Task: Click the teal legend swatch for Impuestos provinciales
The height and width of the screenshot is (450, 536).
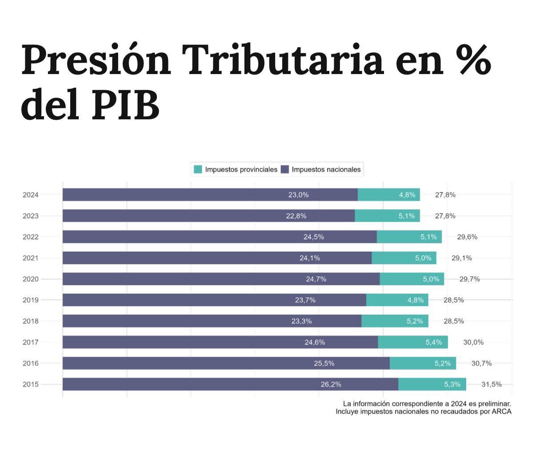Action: click(198, 169)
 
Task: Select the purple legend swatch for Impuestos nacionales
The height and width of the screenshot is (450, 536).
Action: click(285, 169)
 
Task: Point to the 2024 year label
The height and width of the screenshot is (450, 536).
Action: click(31, 195)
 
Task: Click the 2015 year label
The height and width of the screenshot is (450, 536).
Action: click(31, 384)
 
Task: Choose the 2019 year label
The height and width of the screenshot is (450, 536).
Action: click(31, 300)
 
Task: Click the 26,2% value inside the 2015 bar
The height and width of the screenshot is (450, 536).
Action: click(331, 384)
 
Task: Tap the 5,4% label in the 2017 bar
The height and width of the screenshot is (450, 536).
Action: click(434, 342)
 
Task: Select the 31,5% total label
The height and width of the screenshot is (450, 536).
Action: click(492, 384)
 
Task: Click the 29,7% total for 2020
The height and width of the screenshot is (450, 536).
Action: click(469, 279)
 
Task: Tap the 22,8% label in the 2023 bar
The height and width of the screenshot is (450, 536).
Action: click(296, 216)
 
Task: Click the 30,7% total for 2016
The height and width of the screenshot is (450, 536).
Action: click(481, 363)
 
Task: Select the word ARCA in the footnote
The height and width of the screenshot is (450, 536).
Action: click(501, 411)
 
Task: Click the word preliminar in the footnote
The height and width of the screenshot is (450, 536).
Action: click(492, 403)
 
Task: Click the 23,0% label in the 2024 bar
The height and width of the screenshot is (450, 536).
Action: click(298, 195)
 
